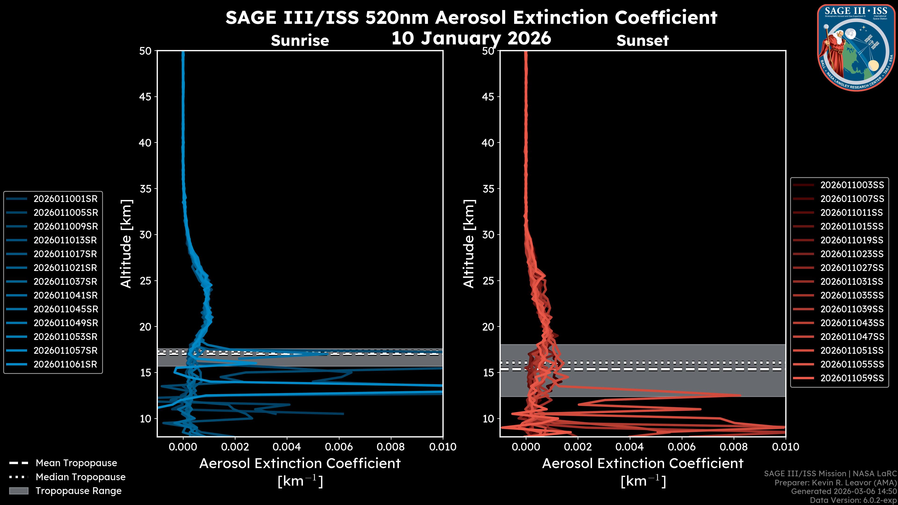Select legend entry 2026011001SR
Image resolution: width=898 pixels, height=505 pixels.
click(65, 199)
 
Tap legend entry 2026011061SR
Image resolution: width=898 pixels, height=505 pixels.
click(65, 364)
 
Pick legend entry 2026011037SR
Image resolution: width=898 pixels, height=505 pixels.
click(65, 281)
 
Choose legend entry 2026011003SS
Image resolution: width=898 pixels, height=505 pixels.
click(852, 185)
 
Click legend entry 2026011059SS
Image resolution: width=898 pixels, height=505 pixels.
click(852, 378)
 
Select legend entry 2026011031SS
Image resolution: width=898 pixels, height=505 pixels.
click(852, 281)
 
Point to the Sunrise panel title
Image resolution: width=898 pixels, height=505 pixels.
click(300, 41)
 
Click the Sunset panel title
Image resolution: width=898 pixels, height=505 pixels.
click(642, 41)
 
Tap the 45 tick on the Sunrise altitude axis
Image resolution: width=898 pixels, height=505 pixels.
click(145, 97)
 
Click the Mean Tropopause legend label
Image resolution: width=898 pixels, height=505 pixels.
click(76, 463)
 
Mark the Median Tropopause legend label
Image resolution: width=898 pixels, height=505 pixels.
click(80, 477)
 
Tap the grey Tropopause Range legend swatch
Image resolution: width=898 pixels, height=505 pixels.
click(18, 491)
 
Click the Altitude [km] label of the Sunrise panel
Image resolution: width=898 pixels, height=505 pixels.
click(126, 244)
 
